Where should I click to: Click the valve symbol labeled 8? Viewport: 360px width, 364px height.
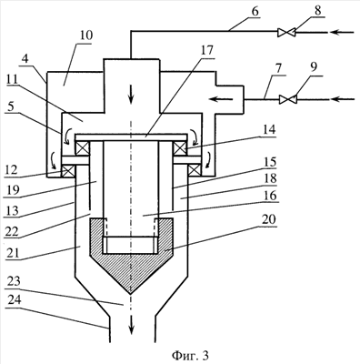coord(286,32)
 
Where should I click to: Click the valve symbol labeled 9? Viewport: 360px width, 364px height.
coord(288,99)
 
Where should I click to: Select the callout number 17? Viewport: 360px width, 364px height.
coord(206,50)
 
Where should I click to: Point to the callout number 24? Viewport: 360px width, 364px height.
coord(14,299)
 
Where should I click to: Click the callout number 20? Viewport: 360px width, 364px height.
coord(268,219)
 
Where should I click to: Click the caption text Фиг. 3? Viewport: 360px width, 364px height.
coord(190,355)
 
